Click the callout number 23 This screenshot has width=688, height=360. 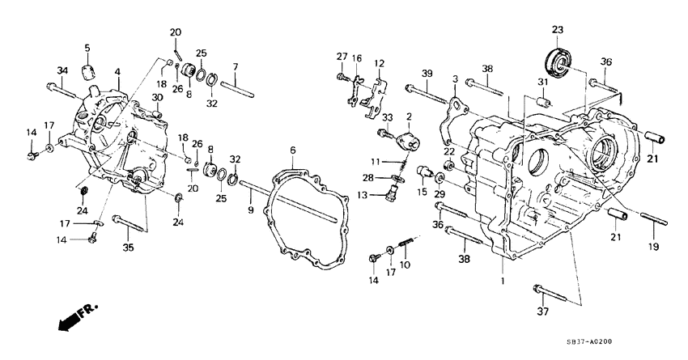pyautogui.click(x=557, y=31)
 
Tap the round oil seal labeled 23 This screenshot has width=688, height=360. pyautogui.click(x=558, y=60)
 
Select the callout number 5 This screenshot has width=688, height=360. pyautogui.click(x=87, y=48)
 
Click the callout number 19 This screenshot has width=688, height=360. pyautogui.click(x=654, y=246)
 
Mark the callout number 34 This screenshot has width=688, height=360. pyautogui.click(x=62, y=70)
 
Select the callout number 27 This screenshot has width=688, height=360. pyautogui.click(x=341, y=56)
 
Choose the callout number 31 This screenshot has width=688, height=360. pyautogui.click(x=543, y=82)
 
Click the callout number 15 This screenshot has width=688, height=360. pyautogui.click(x=420, y=192)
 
